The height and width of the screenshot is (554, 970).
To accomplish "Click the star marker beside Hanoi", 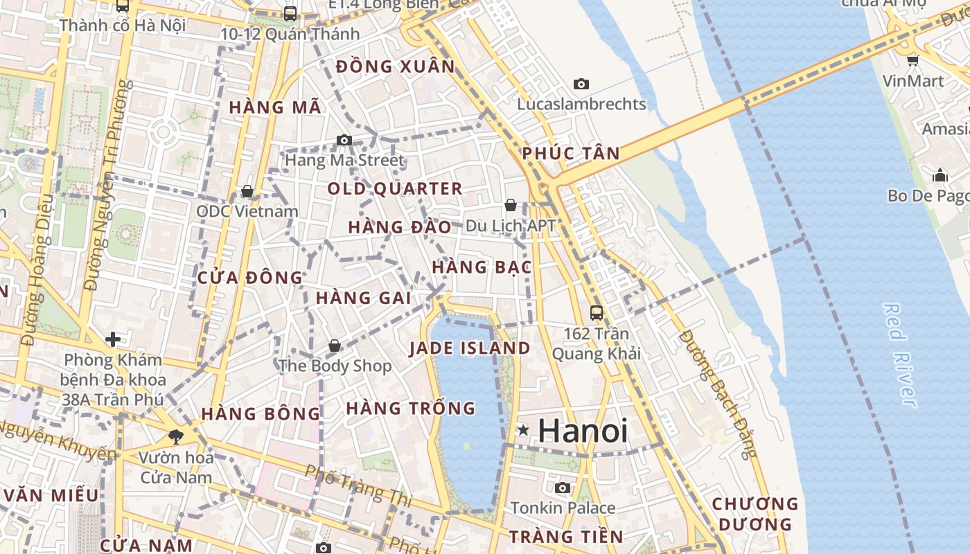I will [523, 431].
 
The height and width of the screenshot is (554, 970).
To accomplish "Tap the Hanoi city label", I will [583, 431].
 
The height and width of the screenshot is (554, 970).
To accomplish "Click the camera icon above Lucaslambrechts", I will [581, 84].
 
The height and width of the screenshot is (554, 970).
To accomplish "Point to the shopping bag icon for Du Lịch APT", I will [511, 205].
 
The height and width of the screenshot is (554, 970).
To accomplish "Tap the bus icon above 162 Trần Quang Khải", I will [596, 313].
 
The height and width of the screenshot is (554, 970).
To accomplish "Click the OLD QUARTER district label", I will [394, 188].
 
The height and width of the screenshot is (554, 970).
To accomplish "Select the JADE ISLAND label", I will [470, 348].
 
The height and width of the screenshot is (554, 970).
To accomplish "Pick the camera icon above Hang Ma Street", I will [344, 141].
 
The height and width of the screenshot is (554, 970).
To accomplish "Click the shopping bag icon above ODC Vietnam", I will [247, 191].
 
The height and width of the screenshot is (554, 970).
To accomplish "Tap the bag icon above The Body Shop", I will [335, 346].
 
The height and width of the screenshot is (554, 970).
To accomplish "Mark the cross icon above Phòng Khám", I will [113, 339].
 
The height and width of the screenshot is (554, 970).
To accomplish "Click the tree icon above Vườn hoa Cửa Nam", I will [176, 437].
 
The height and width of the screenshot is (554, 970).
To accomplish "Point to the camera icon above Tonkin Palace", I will [563, 488].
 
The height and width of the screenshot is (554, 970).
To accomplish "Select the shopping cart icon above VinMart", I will [912, 60].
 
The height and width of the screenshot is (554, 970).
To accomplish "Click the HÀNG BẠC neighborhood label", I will [482, 267].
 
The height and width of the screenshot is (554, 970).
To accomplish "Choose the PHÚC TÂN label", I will [571, 153].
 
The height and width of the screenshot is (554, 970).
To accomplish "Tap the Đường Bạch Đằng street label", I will [718, 393].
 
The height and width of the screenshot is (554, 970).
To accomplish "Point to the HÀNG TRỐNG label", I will [411, 409].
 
